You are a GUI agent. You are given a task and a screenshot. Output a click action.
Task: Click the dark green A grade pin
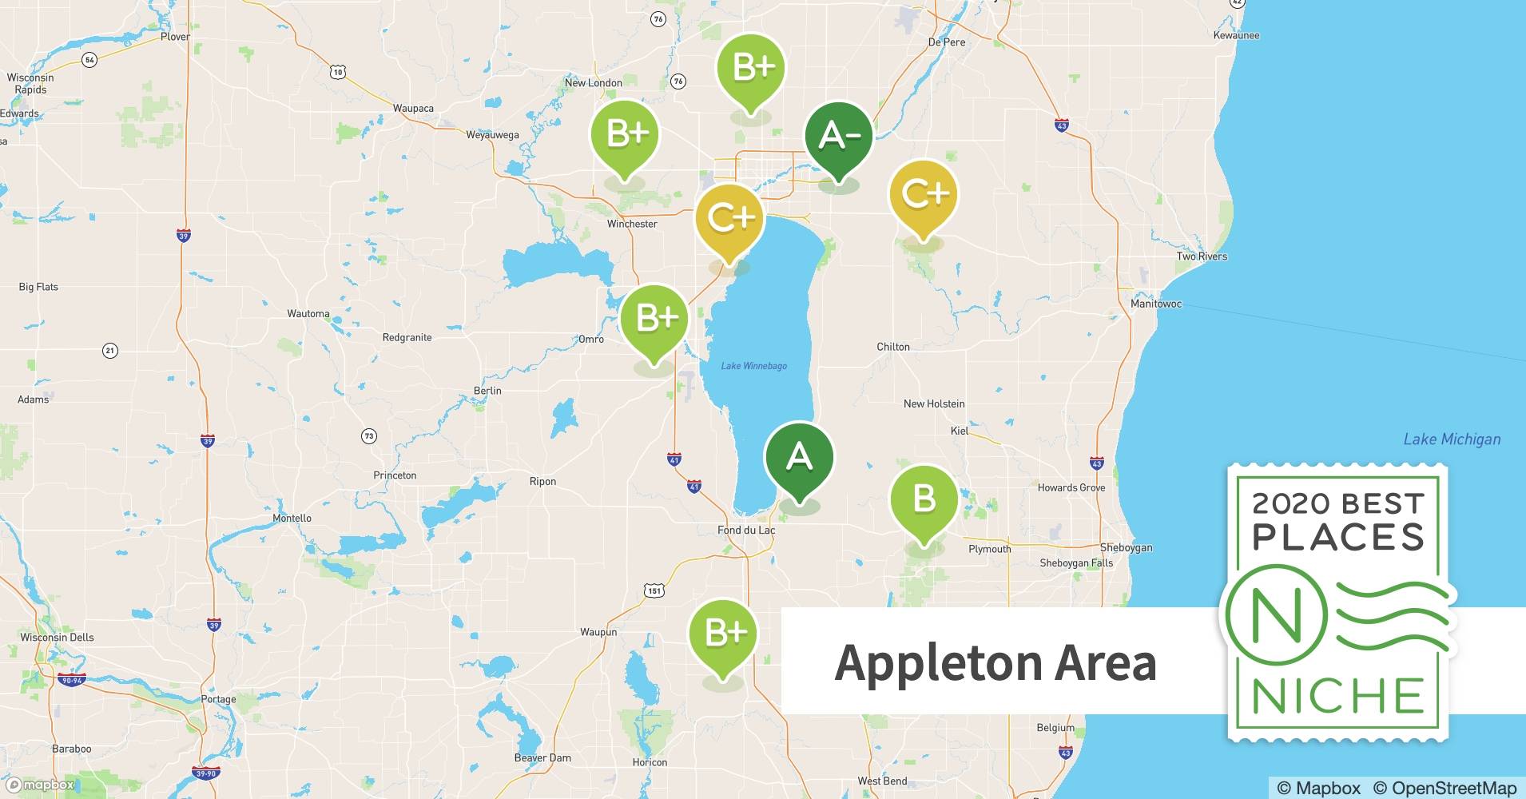coord(799,457)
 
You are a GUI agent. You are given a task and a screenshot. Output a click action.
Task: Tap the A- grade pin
coord(837,137)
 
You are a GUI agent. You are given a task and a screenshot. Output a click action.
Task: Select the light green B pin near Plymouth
coord(924,500)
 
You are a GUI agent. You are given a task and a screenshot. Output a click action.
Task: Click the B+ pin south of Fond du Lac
coord(723,634)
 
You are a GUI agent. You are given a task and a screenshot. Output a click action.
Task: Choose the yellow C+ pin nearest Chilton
coord(923,194)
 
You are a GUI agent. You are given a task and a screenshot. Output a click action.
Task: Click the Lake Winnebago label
coord(753,366)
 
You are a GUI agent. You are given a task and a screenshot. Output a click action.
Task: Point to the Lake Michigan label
coord(1452,439)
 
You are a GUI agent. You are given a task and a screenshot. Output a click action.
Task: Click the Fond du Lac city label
coord(745,530)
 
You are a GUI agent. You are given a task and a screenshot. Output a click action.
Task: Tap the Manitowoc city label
coord(1155,304)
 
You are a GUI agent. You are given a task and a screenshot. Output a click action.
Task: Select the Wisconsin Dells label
coord(57,637)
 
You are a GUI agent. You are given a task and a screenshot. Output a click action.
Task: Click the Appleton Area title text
coord(995,662)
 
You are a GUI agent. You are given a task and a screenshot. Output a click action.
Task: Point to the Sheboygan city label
coord(1126,547)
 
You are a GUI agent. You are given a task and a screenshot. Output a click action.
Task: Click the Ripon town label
coord(542,481)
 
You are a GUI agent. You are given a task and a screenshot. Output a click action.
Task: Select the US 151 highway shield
coord(654,590)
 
